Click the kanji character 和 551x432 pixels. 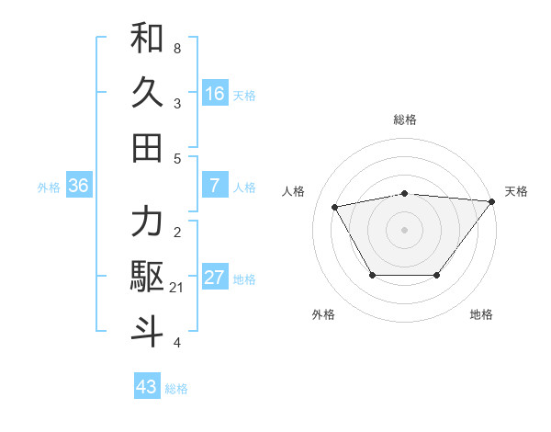147,39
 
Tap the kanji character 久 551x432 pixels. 147,93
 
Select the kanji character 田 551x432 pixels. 147,146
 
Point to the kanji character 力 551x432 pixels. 147,222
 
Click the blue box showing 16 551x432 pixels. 215,93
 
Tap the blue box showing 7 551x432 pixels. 215,186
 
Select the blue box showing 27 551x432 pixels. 215,278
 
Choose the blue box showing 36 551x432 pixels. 79,186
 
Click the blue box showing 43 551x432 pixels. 147,387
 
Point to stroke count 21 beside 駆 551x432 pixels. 177,289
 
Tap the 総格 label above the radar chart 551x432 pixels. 405,119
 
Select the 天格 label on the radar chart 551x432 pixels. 517,191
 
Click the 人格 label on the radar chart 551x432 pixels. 294,191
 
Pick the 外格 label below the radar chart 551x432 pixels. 323,315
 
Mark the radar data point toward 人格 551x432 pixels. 335,206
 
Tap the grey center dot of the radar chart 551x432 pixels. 405,229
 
